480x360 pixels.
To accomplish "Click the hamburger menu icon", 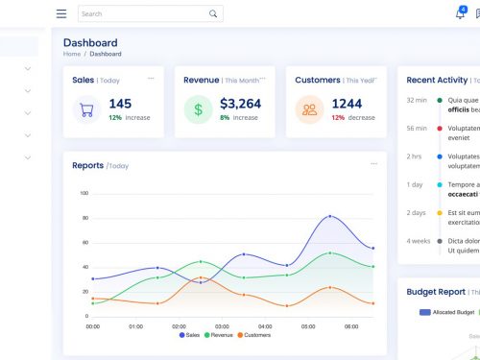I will tap(61, 14).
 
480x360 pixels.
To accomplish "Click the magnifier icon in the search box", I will tap(213, 14).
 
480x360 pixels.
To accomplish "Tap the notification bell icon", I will tap(460, 14).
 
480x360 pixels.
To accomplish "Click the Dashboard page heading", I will tap(90, 42).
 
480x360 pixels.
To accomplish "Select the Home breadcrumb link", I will tap(72, 54).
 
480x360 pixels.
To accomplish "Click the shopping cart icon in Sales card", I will tap(86, 109).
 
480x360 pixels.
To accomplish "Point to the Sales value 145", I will tap(120, 104).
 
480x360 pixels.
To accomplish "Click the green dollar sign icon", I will tap(198, 109).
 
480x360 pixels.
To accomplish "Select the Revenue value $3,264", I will tap(240, 104).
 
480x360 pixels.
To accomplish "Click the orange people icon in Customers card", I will tap(309, 109).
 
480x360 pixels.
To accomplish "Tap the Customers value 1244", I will tap(347, 104).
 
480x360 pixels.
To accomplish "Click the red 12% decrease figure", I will tap(338, 117).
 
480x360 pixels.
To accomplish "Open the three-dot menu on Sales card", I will tap(151, 79).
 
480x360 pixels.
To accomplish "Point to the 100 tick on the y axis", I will tap(84, 193).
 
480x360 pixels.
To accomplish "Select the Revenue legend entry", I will tap(218, 335).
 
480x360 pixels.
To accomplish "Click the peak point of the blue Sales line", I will tap(330, 216).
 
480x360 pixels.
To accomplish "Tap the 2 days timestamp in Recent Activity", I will tap(416, 212).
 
